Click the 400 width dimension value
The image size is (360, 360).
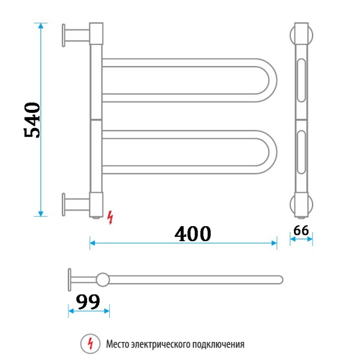(x=193, y=233)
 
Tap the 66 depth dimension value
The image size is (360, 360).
(x=301, y=230)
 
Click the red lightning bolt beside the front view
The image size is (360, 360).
(x=109, y=217)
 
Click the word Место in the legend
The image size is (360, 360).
(x=118, y=344)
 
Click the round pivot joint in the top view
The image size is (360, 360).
(x=103, y=279)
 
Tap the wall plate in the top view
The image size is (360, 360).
(x=70, y=279)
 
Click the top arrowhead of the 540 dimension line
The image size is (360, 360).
(x=41, y=26)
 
